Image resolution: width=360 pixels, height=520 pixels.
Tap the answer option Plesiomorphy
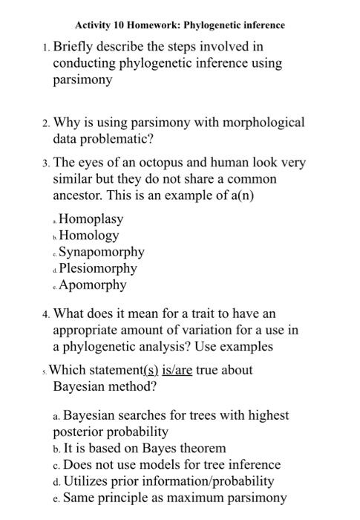(98, 268)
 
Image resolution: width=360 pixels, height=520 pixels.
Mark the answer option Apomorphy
(93, 285)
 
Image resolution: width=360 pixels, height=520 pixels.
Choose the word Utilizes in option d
(88, 481)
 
